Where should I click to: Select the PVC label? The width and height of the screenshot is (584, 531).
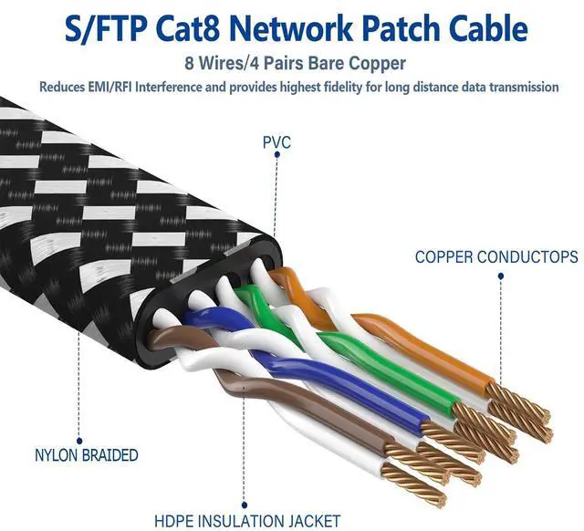click(276, 143)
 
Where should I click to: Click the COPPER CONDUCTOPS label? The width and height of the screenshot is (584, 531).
click(495, 257)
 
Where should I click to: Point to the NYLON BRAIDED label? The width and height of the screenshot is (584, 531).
click(86, 454)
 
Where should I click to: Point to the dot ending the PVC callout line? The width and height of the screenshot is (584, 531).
click(275, 234)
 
